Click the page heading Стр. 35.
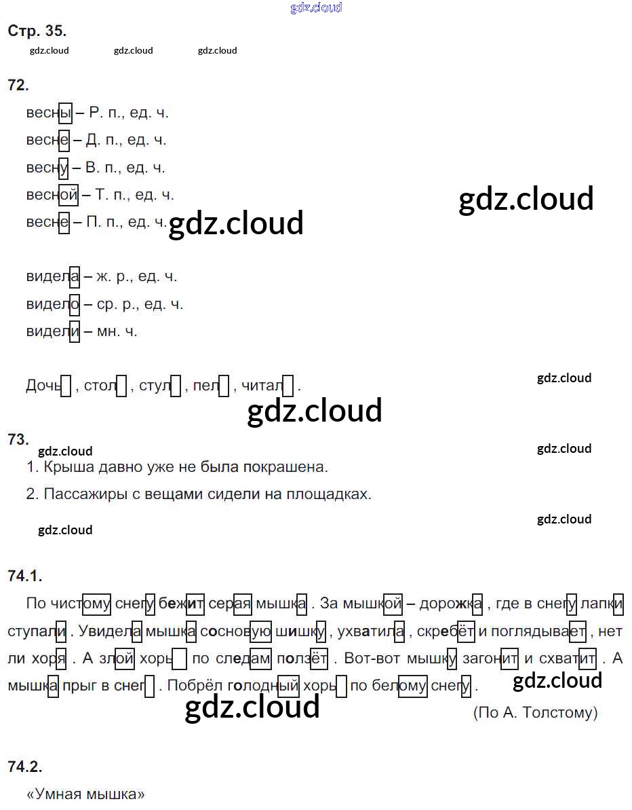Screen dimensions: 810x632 [37, 31]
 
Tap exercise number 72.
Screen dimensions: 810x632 [18, 85]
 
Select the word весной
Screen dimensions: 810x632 [52, 195]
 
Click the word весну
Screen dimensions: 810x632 [47, 168]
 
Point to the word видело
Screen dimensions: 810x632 [52, 304]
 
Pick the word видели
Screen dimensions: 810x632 [52, 331]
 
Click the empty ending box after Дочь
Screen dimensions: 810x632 [66, 386]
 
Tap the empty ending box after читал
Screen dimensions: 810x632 [288, 386]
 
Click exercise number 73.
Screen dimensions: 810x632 [18, 439]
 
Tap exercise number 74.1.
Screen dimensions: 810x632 [25, 576]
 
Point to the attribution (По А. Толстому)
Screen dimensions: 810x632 [535, 712]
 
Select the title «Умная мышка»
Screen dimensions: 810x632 [85, 794]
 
